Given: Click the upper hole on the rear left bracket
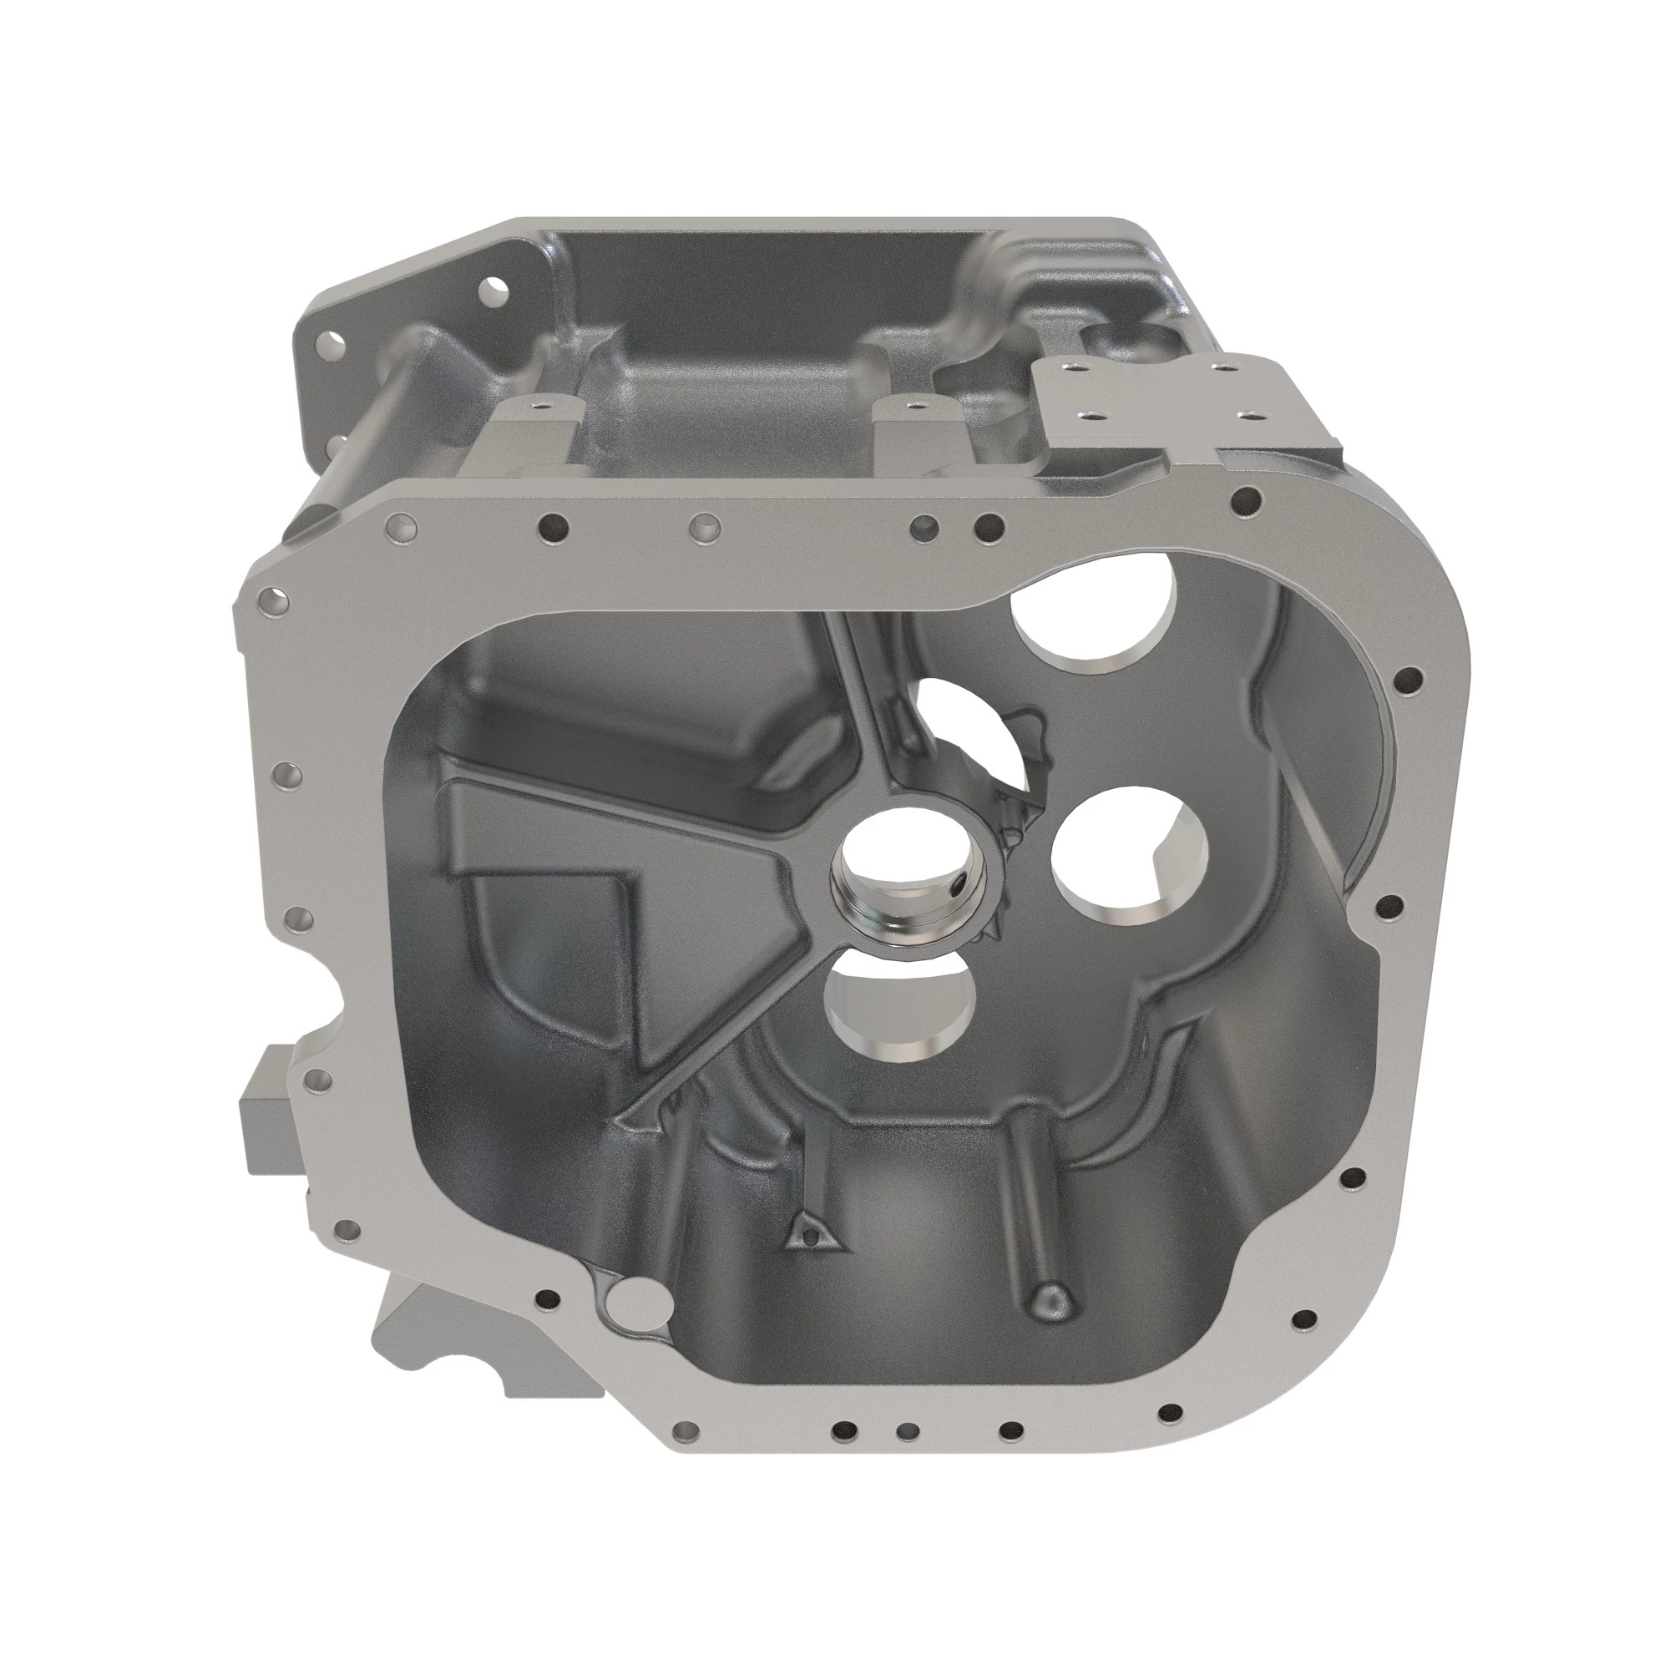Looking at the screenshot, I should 495,288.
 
